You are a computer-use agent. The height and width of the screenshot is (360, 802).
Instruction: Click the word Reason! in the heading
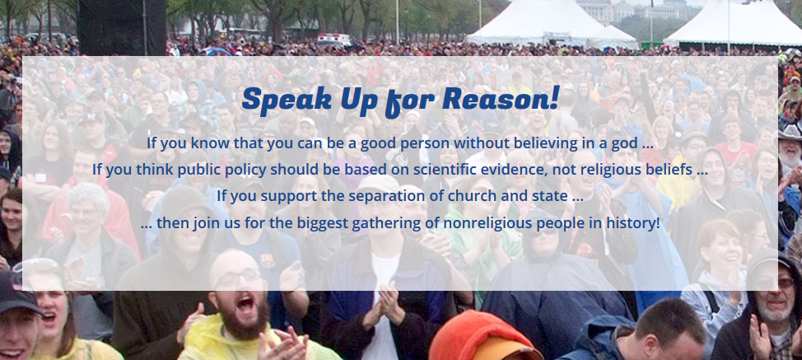point(501,98)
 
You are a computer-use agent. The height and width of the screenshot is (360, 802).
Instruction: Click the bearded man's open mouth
point(245,305)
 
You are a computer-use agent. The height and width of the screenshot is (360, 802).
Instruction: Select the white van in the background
point(333,40)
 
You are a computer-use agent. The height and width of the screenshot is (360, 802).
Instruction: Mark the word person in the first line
point(423,144)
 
